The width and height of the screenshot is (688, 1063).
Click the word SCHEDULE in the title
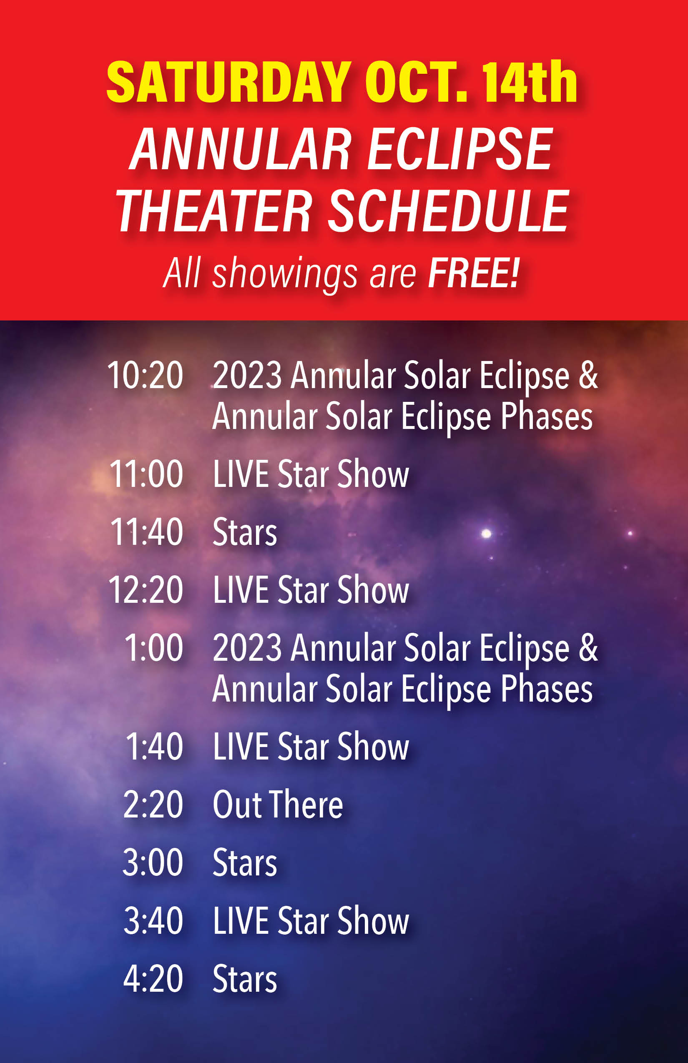(x=448, y=211)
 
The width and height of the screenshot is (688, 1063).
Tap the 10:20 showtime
(x=145, y=375)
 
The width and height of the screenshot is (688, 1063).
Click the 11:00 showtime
(x=146, y=474)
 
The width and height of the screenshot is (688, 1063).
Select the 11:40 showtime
(x=146, y=532)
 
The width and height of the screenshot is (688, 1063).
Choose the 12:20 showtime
(x=146, y=590)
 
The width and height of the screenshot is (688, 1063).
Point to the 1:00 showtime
(x=154, y=648)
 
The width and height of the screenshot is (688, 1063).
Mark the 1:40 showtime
(x=154, y=746)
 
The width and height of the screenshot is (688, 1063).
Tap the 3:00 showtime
(x=153, y=862)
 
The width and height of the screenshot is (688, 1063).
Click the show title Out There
(x=278, y=805)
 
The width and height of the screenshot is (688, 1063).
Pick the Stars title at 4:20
(x=245, y=979)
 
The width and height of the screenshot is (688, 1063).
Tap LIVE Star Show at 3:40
(x=311, y=920)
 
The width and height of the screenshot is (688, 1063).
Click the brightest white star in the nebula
(x=486, y=533)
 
